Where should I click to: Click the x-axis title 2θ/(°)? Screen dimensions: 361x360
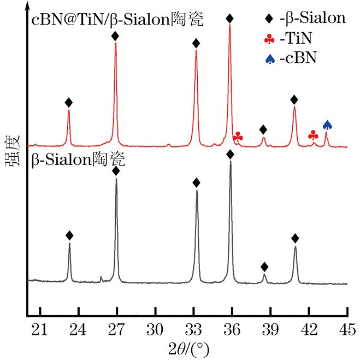coord(186,348)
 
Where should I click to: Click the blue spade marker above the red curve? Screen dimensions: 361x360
coord(327,125)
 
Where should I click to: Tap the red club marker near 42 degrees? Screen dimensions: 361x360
coord(313,134)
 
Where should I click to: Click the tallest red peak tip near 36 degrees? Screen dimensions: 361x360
coord(230,25)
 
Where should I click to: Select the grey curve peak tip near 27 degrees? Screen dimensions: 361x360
coord(116,179)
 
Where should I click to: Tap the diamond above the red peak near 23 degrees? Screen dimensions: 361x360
coord(68,103)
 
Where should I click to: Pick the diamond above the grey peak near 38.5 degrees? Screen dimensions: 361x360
coord(264,267)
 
